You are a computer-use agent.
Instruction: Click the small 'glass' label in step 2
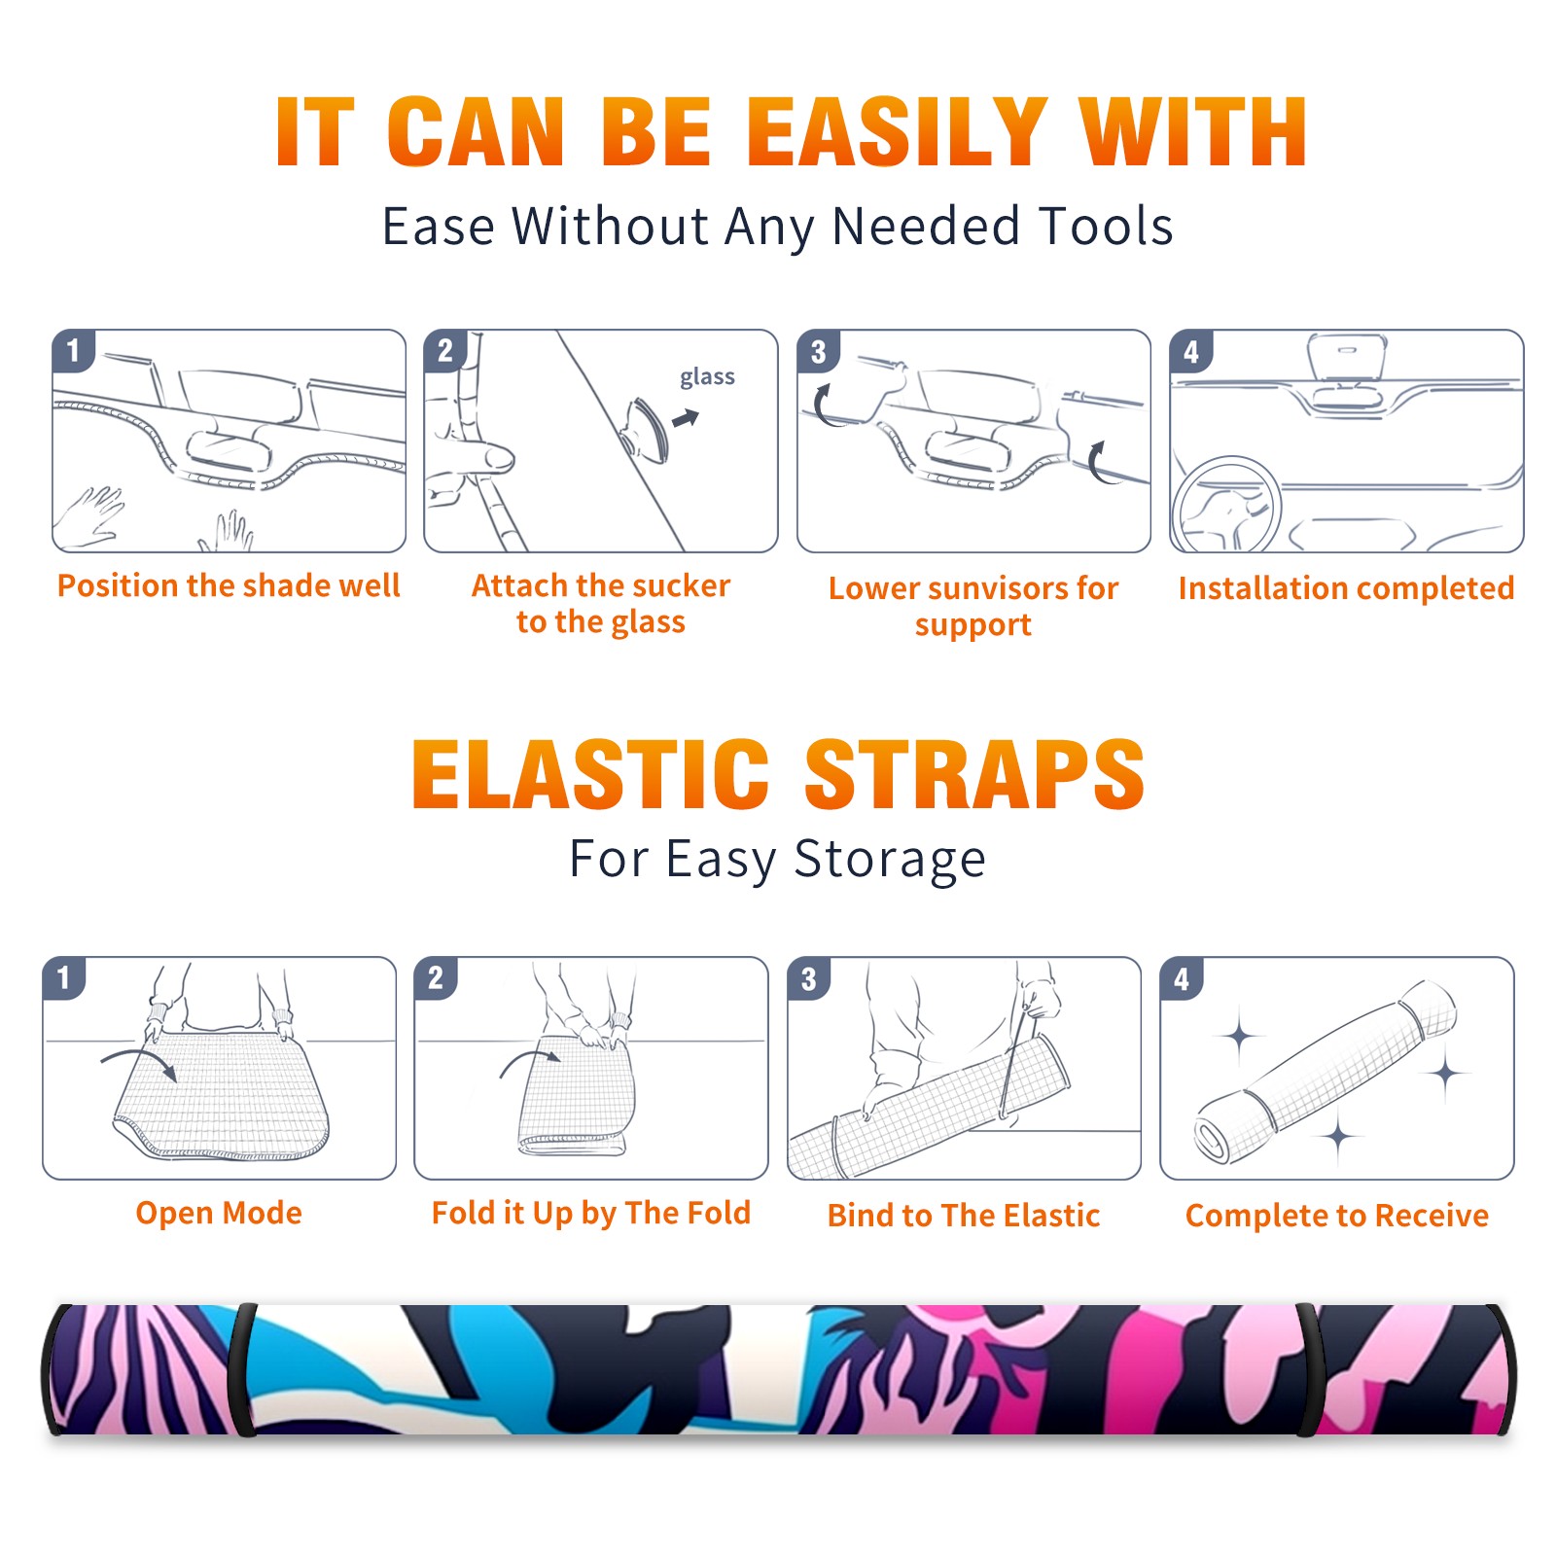point(707,376)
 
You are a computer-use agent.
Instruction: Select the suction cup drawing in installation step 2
point(647,428)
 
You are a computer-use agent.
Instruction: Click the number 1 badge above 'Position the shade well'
point(73,350)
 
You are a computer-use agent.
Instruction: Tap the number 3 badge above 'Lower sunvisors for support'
point(818,350)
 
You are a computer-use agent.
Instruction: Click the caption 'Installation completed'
point(1346,587)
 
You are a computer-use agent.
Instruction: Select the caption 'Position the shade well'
point(229,585)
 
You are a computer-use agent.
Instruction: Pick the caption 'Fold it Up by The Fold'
point(591,1213)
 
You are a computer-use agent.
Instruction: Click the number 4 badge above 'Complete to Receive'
point(1182,978)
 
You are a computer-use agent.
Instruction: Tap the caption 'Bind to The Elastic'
point(964,1215)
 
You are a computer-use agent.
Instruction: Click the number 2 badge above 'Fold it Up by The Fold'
point(436,977)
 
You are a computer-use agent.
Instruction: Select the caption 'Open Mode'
point(219,1213)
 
